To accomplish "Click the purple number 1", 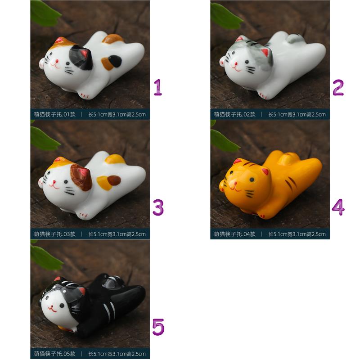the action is [158, 87].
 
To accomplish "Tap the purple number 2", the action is [338, 87].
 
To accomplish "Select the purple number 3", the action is [158, 207].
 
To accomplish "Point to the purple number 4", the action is [338, 207].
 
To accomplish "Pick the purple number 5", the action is [158, 327].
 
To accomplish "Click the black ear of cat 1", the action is [81, 57].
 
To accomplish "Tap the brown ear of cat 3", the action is [81, 177].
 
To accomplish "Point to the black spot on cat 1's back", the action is [115, 61].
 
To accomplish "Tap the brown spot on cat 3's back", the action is [114, 180].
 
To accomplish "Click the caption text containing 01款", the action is [55, 114].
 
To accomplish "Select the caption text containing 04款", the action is [234, 234].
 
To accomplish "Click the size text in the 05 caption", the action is [117, 354].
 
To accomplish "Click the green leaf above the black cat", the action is [45, 257].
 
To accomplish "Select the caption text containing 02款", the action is [234, 114].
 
